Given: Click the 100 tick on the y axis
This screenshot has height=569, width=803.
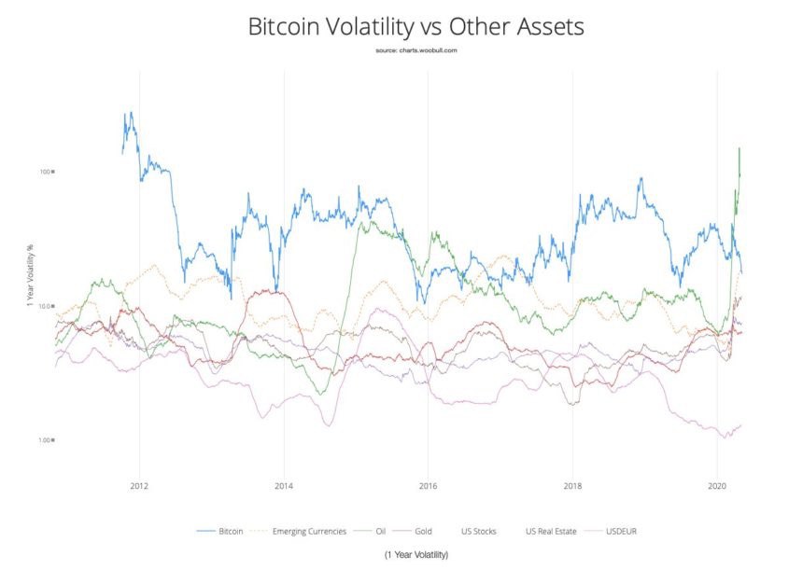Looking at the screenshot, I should click(x=46, y=172).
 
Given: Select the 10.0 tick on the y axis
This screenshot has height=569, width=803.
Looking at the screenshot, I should click(x=45, y=306).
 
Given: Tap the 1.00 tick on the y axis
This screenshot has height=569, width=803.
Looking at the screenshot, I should click(x=45, y=440).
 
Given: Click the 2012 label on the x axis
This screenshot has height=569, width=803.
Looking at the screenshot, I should click(x=140, y=486).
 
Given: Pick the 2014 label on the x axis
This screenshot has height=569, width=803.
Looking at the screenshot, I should click(x=284, y=486).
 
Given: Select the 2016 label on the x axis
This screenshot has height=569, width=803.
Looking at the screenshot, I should click(x=428, y=486).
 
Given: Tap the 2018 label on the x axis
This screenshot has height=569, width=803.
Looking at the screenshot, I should click(x=572, y=486).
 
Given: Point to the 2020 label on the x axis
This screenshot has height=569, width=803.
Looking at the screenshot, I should click(x=716, y=486).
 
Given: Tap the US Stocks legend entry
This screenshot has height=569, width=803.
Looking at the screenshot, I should click(x=479, y=531).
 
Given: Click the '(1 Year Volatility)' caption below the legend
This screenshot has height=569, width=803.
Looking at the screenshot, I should click(x=416, y=555).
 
